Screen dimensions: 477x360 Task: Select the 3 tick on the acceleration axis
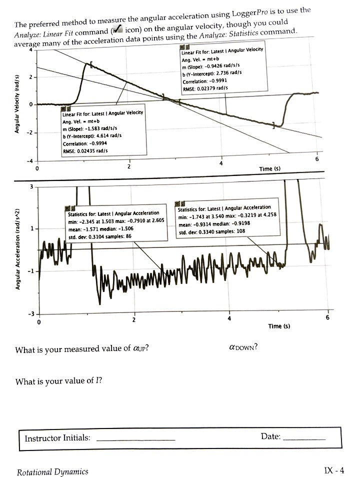pos(31,187)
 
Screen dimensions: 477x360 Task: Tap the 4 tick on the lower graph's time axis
pos(229,319)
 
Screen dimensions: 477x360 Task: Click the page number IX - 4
pos(334,470)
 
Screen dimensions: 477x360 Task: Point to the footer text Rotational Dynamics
pos(52,471)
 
